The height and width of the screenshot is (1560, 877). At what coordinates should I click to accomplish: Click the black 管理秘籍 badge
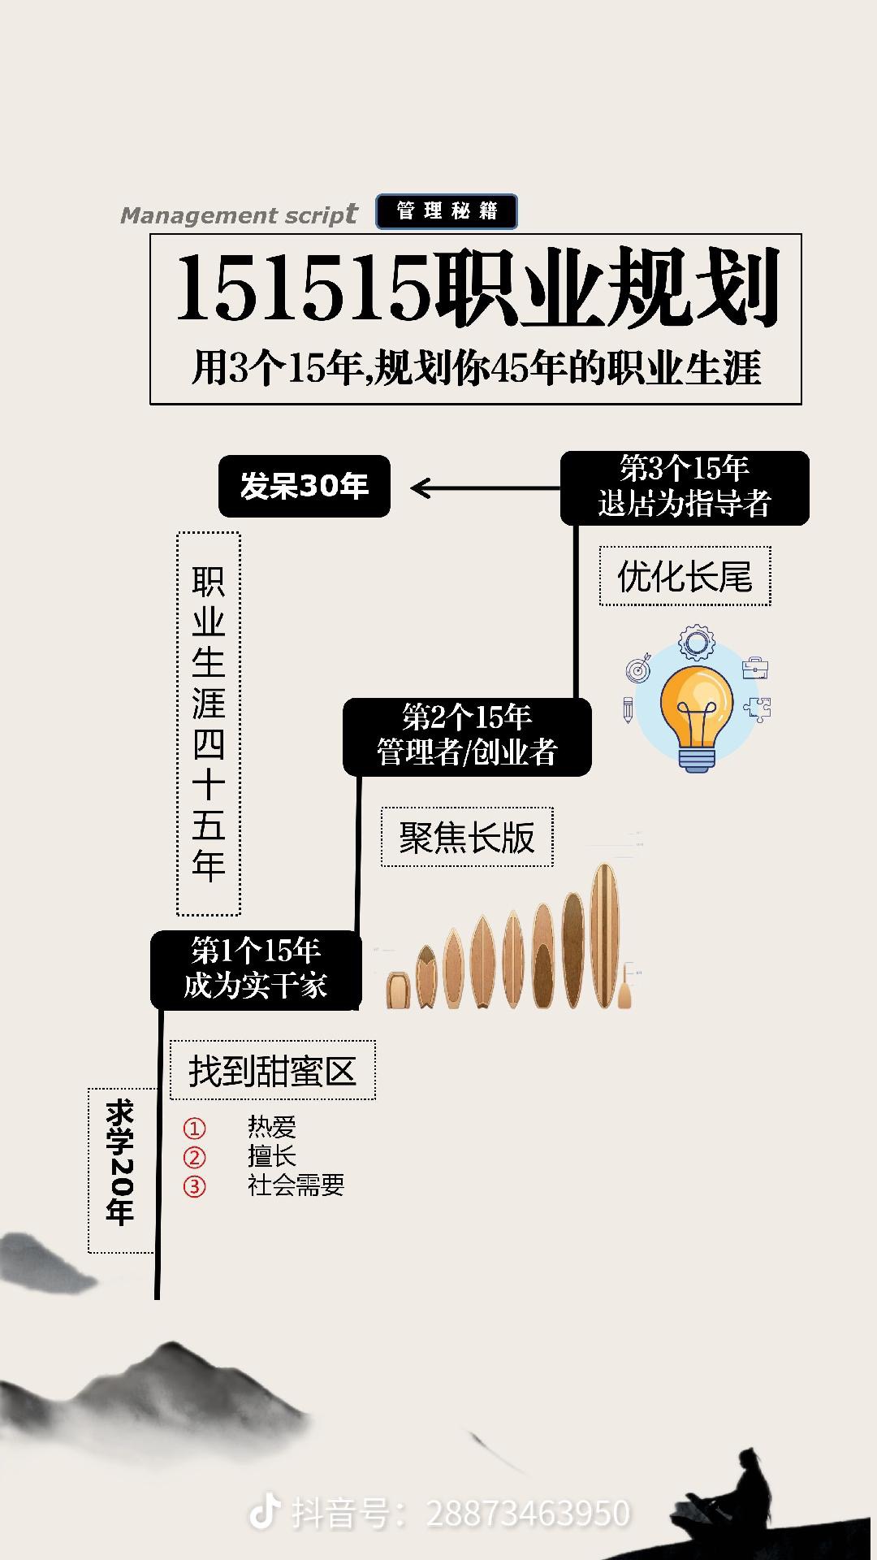[446, 211]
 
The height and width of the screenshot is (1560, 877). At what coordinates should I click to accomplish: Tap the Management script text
[238, 215]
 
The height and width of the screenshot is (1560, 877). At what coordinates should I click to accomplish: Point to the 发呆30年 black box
[305, 486]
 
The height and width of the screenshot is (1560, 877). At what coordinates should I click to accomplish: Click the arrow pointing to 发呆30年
[484, 488]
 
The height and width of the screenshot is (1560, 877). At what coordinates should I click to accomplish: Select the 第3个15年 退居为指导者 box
[685, 487]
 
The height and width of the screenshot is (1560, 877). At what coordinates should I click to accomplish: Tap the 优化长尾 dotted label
[685, 577]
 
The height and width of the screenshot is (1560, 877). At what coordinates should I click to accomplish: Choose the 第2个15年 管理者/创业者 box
[467, 736]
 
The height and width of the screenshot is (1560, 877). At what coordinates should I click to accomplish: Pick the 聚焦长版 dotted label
[467, 838]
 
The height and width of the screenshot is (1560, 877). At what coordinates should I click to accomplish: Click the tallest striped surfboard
[603, 934]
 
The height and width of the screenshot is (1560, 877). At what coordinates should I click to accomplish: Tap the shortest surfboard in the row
[396, 990]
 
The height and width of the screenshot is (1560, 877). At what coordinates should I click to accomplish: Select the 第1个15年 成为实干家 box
[255, 969]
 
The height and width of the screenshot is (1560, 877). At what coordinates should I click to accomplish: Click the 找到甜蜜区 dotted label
[273, 1071]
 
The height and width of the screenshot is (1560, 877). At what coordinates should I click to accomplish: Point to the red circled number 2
[194, 1157]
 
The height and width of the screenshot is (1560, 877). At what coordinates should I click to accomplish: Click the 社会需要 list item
[296, 1185]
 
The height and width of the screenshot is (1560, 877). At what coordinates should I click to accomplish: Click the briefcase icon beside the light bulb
[755, 668]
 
